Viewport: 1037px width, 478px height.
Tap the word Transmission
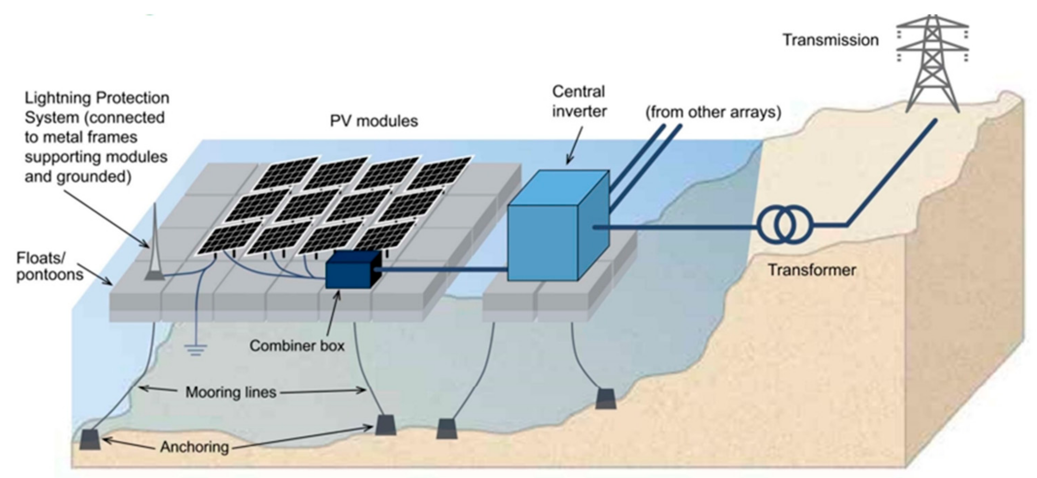[x=830, y=40]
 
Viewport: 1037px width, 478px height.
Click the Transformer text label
[x=812, y=270]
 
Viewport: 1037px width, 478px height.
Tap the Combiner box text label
[x=297, y=346]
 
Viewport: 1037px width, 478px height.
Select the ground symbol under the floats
[x=196, y=350]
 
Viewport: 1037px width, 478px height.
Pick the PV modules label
[x=374, y=121]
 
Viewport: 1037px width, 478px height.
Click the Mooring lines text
[x=231, y=392]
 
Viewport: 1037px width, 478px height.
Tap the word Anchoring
[x=194, y=447]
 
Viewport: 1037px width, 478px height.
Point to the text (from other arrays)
[x=713, y=112]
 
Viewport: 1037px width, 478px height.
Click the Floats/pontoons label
[x=50, y=266]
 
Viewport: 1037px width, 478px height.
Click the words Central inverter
[x=579, y=101]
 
